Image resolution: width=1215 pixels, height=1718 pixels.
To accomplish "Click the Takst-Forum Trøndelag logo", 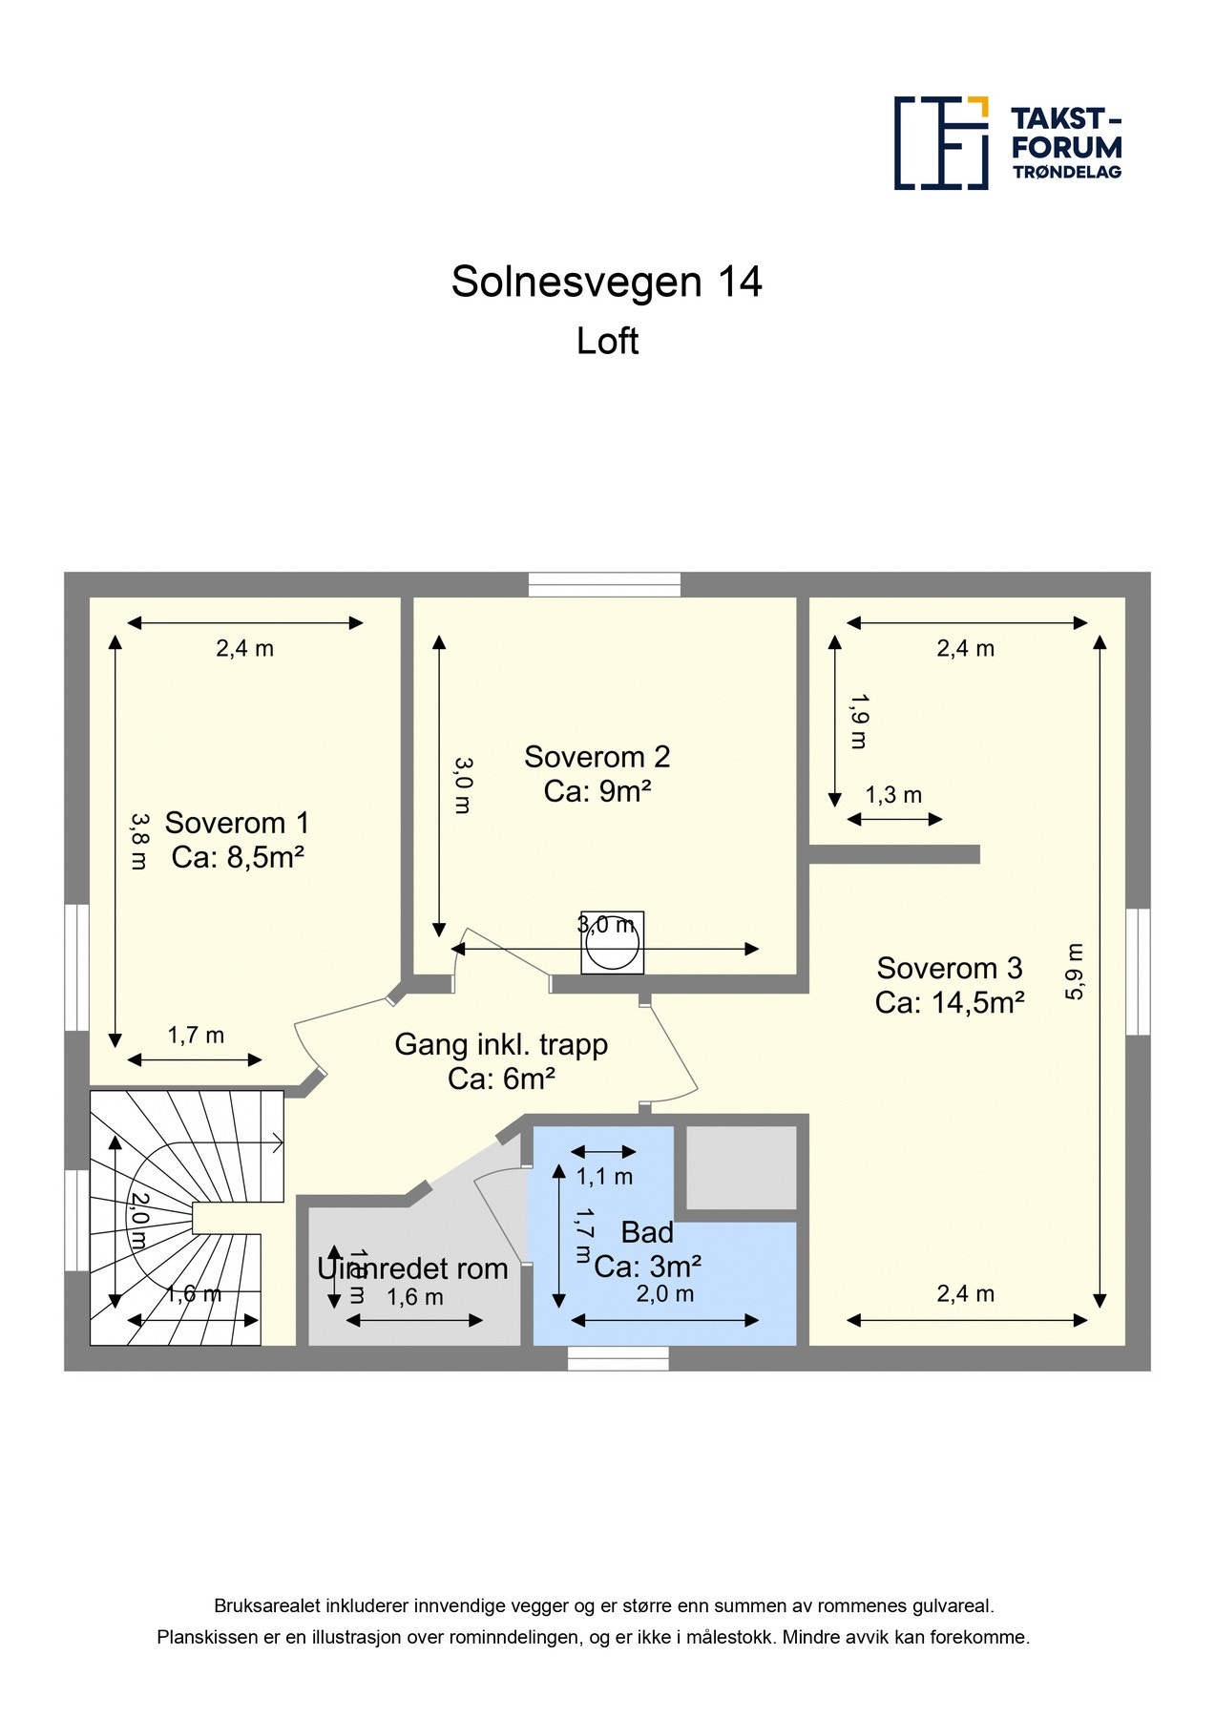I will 1007,143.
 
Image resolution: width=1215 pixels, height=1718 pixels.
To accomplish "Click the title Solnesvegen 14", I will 606,283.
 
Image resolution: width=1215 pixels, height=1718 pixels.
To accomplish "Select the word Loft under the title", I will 607,342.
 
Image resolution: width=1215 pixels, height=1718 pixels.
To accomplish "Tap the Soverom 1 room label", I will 237,823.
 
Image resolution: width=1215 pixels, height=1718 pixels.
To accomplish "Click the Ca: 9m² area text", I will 597,791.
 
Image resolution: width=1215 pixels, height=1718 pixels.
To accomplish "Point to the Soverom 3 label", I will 950,968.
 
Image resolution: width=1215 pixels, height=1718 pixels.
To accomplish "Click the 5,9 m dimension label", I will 1076,972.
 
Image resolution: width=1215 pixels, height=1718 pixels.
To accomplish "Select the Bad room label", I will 647,1232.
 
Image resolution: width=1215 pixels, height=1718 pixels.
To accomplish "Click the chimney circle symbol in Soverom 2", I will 612,944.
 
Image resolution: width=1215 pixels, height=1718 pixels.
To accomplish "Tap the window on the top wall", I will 605,584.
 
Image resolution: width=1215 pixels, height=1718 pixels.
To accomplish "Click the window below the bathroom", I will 618,1358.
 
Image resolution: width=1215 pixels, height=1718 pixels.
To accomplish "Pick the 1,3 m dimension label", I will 893,795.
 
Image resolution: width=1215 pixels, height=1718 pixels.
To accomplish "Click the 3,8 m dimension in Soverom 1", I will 139,841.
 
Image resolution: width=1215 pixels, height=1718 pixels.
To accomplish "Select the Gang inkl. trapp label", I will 501,1044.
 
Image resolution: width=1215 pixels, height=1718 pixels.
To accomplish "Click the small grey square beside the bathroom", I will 742,1167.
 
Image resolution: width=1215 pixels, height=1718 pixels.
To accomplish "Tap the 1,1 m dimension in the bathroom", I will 604,1177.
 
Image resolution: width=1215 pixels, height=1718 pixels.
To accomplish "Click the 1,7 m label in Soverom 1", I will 196,1036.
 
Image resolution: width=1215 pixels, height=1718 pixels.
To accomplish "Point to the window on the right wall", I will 1138,972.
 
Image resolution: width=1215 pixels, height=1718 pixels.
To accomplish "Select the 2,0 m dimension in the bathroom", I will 664,1294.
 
